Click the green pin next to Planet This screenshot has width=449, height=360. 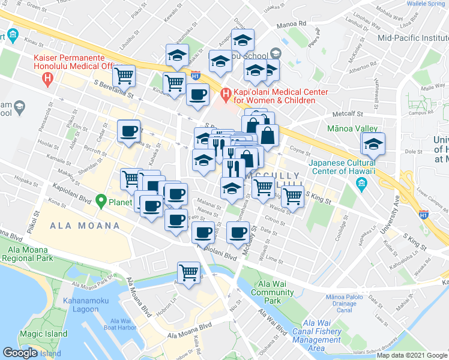pos(101,202)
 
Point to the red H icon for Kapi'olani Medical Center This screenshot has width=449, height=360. pos(226,94)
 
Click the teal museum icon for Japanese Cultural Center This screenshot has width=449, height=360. pos(361,182)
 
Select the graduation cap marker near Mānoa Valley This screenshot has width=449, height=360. pos(373,145)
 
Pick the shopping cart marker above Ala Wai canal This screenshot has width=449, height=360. pos(190,273)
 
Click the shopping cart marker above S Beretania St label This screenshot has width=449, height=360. pos(124,76)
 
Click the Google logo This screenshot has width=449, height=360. pos(20,352)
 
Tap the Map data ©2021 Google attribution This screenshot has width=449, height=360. pos(412,355)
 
